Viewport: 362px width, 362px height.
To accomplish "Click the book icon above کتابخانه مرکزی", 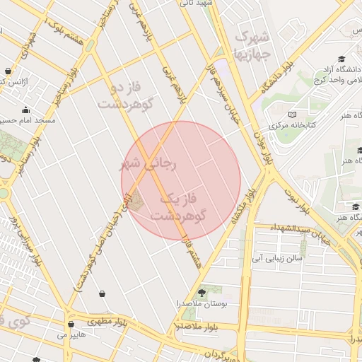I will pyautogui.click(x=292, y=115).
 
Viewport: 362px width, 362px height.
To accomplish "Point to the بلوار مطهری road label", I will pyautogui.click(x=105, y=321).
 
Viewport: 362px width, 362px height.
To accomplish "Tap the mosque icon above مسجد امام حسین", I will pyautogui.click(x=27, y=110).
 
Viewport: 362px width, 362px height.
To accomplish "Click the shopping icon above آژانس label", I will pyautogui.click(x=8, y=71).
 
